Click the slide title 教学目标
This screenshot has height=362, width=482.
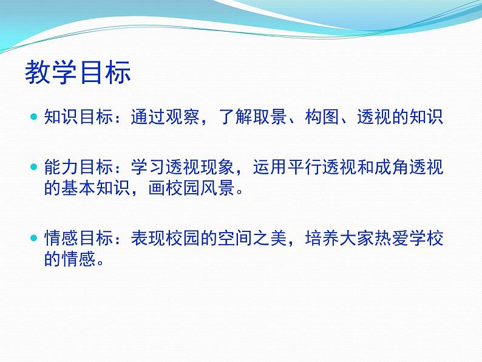click(78, 73)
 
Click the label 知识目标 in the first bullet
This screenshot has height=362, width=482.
click(73, 117)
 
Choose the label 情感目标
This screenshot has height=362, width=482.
click(73, 238)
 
